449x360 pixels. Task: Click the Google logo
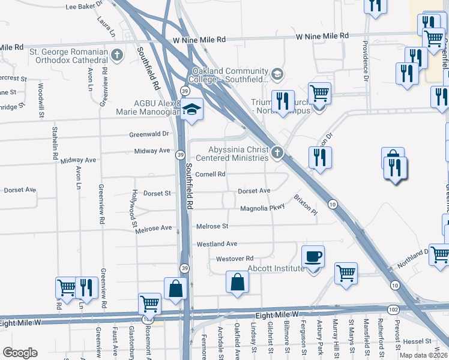[x=20, y=353]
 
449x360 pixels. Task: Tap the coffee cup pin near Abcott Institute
[x=313, y=257]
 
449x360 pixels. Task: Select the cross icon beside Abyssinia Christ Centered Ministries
[x=277, y=152]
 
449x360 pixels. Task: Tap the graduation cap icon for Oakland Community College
[x=277, y=74]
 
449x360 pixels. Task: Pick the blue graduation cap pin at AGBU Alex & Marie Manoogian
[x=192, y=110]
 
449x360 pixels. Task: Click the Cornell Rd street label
[x=210, y=175]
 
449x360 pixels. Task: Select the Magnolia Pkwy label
[x=262, y=209]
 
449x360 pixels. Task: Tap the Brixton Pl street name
[x=304, y=205]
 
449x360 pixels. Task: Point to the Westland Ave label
[x=217, y=244]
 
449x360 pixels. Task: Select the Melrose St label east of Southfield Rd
[x=212, y=226]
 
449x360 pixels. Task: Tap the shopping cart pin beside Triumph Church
[x=319, y=95]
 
